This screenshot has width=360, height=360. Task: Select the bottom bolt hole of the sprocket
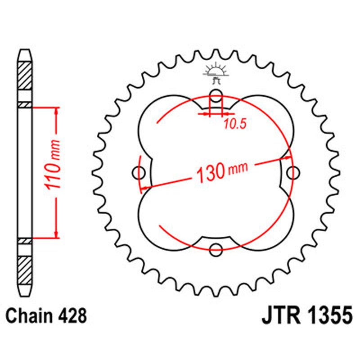point(216,248)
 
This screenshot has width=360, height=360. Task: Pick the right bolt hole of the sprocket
point(293,172)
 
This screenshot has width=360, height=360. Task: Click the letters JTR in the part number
point(282,315)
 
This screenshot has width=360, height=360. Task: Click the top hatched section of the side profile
point(25,75)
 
